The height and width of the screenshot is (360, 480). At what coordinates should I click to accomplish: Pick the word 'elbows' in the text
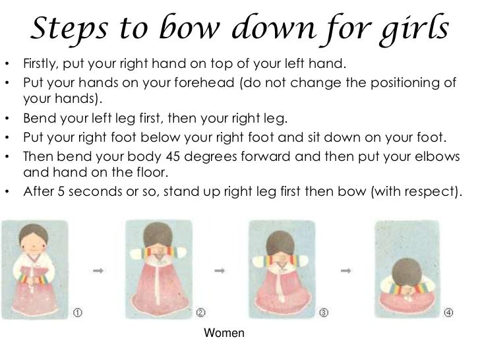click(440, 158)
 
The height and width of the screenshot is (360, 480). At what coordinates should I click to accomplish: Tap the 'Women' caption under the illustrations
click(224, 334)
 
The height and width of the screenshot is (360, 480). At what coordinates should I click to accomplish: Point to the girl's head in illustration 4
click(403, 268)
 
